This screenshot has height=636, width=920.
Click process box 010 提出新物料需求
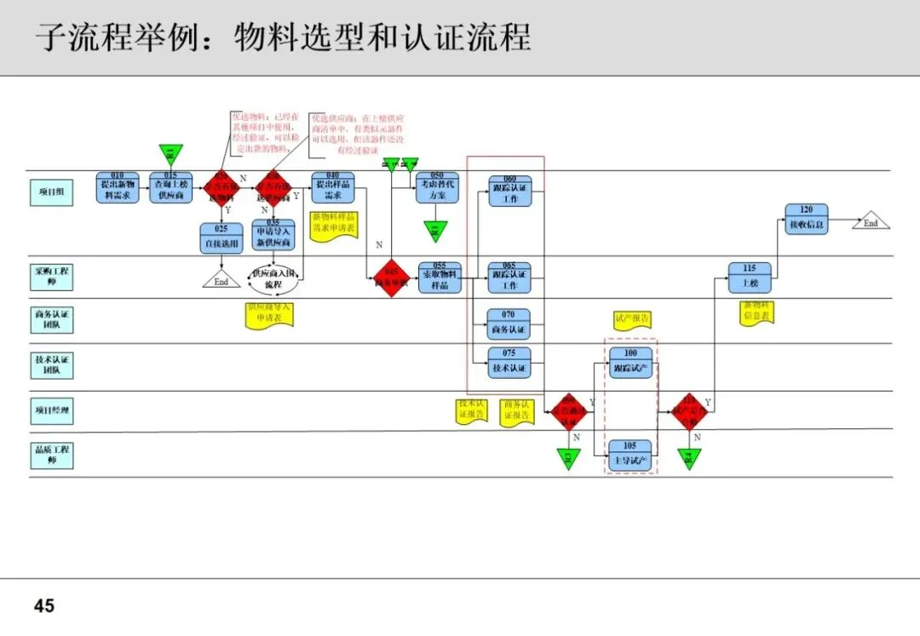(x=118, y=187)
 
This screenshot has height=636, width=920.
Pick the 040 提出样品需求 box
(x=333, y=187)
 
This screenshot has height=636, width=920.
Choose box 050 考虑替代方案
(x=437, y=187)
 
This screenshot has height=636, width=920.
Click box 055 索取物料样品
(x=440, y=278)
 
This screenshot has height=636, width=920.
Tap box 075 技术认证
(x=509, y=363)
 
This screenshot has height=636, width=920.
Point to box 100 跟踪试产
(x=630, y=363)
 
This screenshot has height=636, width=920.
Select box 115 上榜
(x=750, y=278)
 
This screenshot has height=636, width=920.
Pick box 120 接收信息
(x=807, y=220)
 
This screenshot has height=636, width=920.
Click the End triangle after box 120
(x=871, y=221)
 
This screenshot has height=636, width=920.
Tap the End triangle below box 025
(x=221, y=280)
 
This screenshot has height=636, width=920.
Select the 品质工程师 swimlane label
(x=52, y=456)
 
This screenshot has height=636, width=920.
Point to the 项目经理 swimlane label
(x=52, y=410)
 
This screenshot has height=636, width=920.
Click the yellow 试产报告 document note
(x=632, y=318)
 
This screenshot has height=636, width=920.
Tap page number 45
(x=44, y=605)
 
